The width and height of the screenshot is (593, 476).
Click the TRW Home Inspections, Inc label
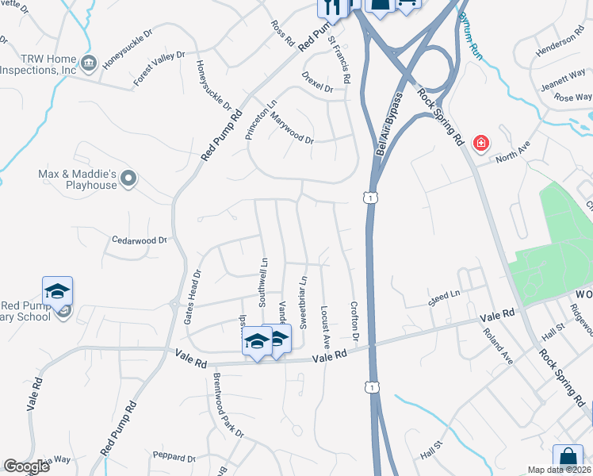38,64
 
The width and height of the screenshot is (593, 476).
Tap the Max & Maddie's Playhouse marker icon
131,179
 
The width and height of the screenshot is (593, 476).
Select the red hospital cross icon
480,144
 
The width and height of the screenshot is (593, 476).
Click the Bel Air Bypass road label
388,131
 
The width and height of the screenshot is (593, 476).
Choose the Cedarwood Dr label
140,240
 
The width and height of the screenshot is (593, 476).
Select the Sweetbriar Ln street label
303,301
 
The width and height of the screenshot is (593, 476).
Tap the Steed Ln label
444,297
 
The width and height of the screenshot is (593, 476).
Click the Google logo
27,466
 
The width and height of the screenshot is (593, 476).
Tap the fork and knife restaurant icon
333,7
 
